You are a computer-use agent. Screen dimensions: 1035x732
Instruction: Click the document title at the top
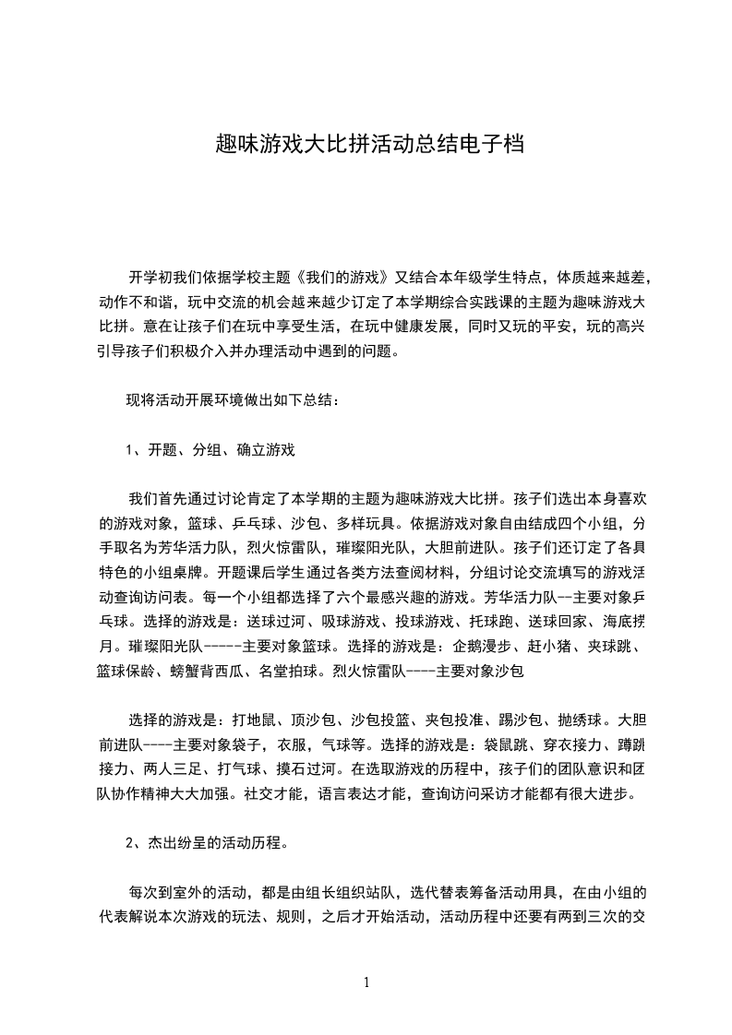(368, 146)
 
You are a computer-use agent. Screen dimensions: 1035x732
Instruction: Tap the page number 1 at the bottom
(366, 982)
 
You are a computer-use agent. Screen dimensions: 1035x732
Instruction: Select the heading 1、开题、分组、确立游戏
(210, 451)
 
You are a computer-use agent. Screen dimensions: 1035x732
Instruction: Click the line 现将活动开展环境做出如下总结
(233, 401)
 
